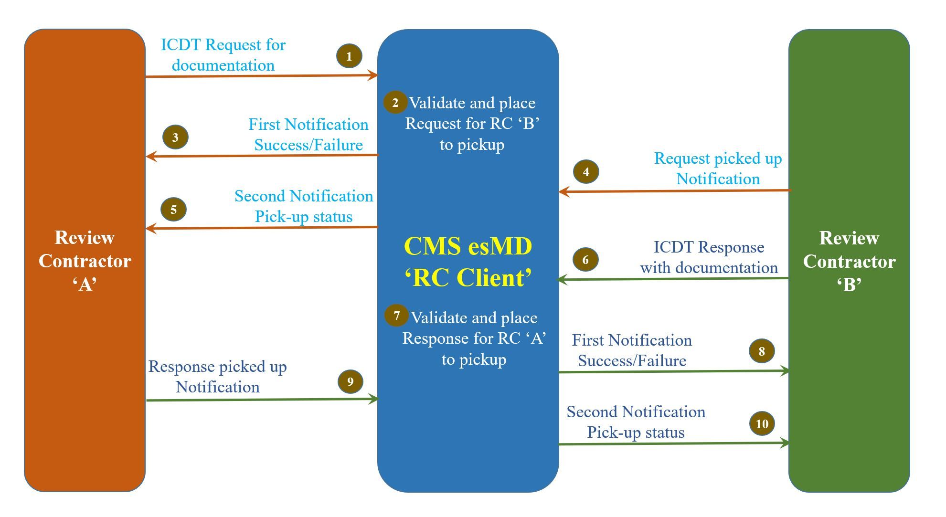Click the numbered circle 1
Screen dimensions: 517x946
coord(349,56)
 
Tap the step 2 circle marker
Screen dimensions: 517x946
coord(395,102)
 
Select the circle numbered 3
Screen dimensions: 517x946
coord(175,137)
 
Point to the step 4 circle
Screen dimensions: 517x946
coord(586,172)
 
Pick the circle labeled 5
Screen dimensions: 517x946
coord(173,209)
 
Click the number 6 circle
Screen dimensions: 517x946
coord(585,260)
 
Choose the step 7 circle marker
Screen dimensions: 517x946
coord(396,315)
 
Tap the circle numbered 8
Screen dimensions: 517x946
coord(762,351)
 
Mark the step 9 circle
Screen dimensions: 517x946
coord(350,381)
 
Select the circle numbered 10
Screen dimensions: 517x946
coord(762,423)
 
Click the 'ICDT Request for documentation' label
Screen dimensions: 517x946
coord(223,55)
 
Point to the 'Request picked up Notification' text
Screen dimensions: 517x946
coord(718,169)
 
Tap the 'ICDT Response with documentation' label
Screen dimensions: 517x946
coord(709,257)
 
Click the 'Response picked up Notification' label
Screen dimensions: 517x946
coord(218,377)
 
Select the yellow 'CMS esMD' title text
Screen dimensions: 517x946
coord(468,246)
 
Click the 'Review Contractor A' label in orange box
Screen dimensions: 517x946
coord(85,261)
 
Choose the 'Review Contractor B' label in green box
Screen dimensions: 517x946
coord(849,261)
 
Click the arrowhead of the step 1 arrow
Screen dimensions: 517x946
coord(373,75)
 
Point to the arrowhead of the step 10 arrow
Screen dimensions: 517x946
coord(784,443)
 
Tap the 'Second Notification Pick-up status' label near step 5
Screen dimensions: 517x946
coord(304,206)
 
